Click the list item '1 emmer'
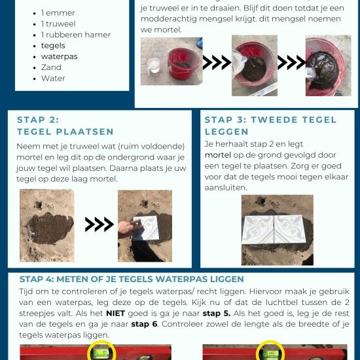coord(58,13)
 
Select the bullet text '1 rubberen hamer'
coord(76,35)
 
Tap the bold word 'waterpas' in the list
coord(59,56)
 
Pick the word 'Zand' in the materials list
coord(51,67)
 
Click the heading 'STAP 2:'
coord(38,120)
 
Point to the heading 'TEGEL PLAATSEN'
coord(65,132)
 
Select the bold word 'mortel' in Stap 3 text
coord(218,155)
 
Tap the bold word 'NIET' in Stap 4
coord(115,313)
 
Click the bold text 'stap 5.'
coord(216,313)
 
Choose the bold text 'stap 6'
coord(144,324)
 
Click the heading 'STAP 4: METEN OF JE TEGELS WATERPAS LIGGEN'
coord(132,279)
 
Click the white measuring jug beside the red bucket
coord(153,65)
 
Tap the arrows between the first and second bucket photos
coord(217,62)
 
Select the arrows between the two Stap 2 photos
coord(99,224)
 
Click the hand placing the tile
coord(129,228)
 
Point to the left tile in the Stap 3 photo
coord(258,229)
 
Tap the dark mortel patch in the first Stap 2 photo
coord(50,228)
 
